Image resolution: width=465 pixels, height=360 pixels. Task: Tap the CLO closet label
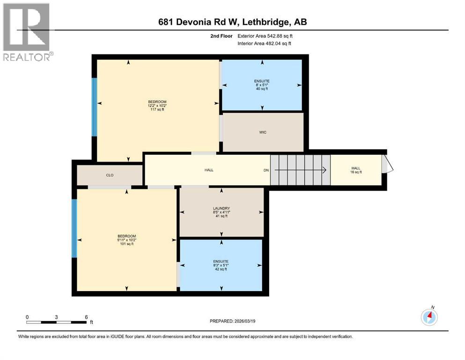[x=110, y=175]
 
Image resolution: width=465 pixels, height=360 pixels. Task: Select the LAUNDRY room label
[x=221, y=208]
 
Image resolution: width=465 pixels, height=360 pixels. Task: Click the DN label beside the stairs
[x=266, y=170]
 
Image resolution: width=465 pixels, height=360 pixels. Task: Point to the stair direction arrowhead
[x=324, y=170]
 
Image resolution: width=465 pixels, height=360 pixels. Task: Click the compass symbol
[x=429, y=317]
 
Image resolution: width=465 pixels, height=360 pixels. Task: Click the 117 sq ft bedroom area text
[x=157, y=110]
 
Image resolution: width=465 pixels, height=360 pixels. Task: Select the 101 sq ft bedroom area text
[x=126, y=244]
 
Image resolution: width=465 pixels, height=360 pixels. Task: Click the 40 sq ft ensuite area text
[x=262, y=89]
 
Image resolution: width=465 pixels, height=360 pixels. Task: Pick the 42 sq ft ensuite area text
[x=221, y=269]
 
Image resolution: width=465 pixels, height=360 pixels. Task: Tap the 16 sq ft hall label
[x=356, y=172]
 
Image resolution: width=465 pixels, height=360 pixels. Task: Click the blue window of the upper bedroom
[x=95, y=107]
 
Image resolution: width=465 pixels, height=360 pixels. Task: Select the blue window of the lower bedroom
[x=74, y=228]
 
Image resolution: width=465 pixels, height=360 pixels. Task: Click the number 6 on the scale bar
[x=86, y=317]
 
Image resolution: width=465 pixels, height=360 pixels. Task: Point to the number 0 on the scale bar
[x=27, y=317]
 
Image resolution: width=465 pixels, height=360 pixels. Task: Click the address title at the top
[x=232, y=22]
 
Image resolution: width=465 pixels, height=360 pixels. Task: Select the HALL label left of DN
[x=209, y=170]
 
